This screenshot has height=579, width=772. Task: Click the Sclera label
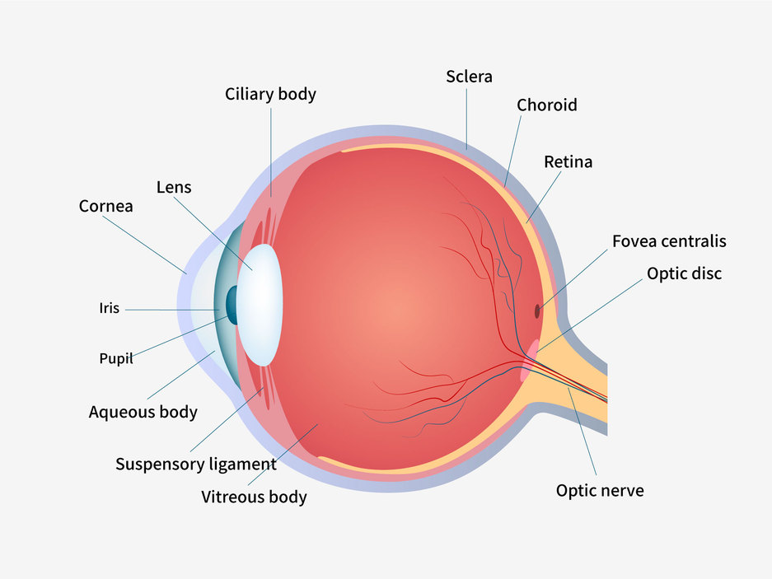(x=469, y=77)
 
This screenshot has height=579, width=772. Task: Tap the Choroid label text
(x=546, y=105)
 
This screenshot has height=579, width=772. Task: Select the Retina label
(x=568, y=161)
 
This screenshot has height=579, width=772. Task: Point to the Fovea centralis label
(x=668, y=241)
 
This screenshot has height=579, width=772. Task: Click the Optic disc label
(x=684, y=273)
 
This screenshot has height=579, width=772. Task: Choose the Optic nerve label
(x=600, y=491)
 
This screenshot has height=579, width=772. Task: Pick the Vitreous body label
(x=254, y=497)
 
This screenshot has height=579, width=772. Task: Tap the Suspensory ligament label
(x=195, y=464)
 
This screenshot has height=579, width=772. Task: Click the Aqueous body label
(x=143, y=411)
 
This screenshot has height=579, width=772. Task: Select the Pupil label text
(x=116, y=359)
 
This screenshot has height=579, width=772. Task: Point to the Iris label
(x=110, y=309)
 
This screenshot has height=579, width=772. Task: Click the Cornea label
(x=105, y=206)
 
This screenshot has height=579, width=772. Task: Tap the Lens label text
(x=173, y=187)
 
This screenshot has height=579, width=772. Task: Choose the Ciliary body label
(x=270, y=94)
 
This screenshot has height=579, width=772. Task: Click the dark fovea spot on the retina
(x=537, y=311)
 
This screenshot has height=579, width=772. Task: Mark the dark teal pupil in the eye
(x=232, y=305)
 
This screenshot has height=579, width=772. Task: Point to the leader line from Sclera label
(x=467, y=115)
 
